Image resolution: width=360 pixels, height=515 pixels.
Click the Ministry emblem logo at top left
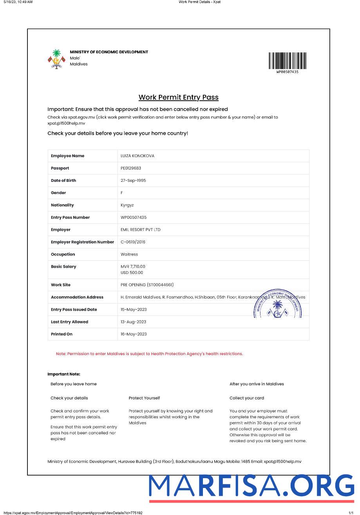point(56,59)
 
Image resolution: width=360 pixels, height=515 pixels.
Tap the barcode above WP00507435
point(287,61)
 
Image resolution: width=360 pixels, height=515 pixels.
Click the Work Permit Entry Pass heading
point(178,97)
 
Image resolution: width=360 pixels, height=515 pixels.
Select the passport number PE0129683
point(131,168)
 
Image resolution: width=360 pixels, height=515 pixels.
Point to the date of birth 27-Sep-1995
point(134,180)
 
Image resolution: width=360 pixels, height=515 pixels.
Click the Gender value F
point(122,193)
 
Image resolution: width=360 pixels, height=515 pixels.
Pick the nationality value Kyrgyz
point(127,205)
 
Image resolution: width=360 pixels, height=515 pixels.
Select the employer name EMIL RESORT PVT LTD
point(140,230)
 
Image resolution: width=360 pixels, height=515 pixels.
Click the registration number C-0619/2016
point(133,242)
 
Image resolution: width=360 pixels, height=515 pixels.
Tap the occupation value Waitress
point(129,254)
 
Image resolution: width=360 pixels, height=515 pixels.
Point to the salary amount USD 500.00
point(132,273)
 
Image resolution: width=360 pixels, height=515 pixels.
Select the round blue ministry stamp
point(277,304)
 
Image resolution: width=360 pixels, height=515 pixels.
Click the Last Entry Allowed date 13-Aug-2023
point(134,322)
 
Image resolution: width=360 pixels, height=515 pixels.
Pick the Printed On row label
point(62,334)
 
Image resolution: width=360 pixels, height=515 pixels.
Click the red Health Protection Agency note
point(149,354)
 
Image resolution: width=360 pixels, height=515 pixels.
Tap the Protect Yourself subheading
point(144,398)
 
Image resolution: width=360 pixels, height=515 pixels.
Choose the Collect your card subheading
point(246,398)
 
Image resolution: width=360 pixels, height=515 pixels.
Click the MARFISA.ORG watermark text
point(251,486)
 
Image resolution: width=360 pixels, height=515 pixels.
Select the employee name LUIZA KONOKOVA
point(137,156)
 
